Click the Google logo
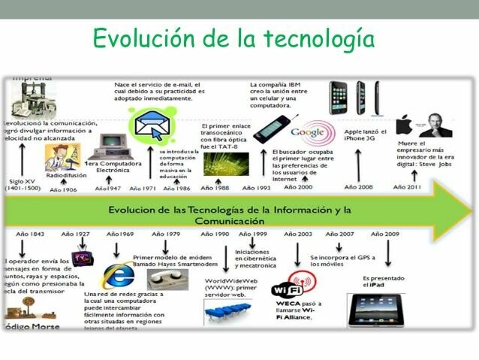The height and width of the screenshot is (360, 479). (x=307, y=132)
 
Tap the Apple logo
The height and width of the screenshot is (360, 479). (x=405, y=125)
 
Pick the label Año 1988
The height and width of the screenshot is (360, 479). (x=218, y=188)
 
